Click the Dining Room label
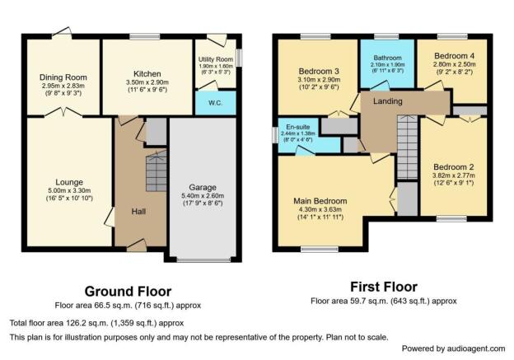click(63, 77)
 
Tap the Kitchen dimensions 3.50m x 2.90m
click(147, 82)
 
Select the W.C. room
click(216, 103)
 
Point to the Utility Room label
click(216, 59)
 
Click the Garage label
click(203, 188)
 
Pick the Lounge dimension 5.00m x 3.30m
click(69, 190)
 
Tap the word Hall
click(138, 212)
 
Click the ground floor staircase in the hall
click(157, 171)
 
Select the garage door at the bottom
click(203, 260)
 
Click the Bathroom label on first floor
click(387, 58)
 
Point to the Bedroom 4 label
click(454, 56)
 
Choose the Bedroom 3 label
click(319, 71)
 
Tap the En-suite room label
click(297, 127)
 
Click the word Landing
click(388, 101)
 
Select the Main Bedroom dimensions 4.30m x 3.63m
click(320, 209)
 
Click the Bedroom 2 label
click(454, 167)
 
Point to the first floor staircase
click(408, 147)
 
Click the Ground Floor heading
click(128, 291)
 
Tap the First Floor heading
click(384, 287)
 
